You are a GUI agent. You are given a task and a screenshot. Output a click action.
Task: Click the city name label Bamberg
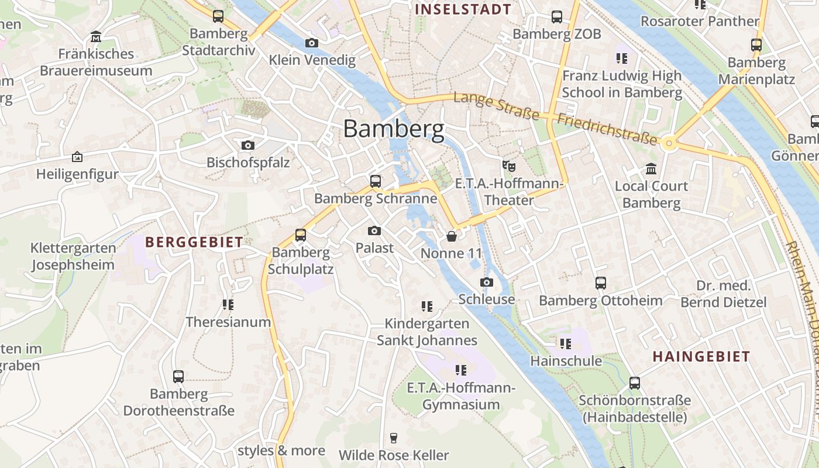pyautogui.click(x=393, y=128)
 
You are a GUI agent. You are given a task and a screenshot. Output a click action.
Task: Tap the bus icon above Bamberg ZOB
pyautogui.click(x=557, y=17)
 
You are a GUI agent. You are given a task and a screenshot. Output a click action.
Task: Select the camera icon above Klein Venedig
pyautogui.click(x=312, y=43)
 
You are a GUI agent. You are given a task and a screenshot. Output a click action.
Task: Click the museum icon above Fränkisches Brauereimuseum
pyautogui.click(x=96, y=37)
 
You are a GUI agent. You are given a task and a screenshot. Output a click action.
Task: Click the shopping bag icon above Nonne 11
pyautogui.click(x=452, y=236)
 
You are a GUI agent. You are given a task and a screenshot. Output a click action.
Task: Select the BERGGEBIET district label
pyautogui.click(x=194, y=242)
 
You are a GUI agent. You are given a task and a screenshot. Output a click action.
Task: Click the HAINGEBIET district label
pyautogui.click(x=701, y=357)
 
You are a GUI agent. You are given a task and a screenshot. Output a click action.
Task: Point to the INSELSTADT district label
pyautogui.click(x=463, y=9)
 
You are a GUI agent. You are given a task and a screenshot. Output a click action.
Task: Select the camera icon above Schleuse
pyautogui.click(x=486, y=283)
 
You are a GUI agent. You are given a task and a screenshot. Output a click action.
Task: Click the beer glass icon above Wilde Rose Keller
pyautogui.click(x=394, y=438)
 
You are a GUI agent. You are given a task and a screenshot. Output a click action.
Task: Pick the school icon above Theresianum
pyautogui.click(x=228, y=305)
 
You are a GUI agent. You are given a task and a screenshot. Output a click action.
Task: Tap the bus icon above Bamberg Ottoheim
pyautogui.click(x=601, y=283)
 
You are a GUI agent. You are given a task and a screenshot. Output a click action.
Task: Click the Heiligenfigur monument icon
pyautogui.click(x=77, y=157)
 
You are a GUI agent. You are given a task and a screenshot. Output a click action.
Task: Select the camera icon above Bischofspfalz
pyautogui.click(x=248, y=145)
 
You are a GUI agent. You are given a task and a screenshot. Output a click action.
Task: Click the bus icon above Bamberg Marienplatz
pyautogui.click(x=756, y=44)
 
